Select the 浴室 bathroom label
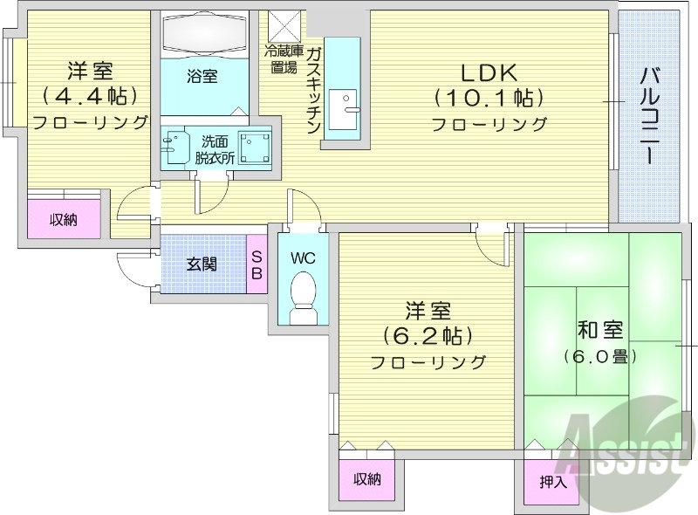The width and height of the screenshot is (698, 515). click(x=202, y=77)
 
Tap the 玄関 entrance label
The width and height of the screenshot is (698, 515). click(x=202, y=264)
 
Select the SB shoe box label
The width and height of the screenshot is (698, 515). click(x=257, y=264)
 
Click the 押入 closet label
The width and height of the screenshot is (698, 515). click(x=552, y=481)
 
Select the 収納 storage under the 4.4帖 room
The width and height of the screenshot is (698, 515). click(x=63, y=219)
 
